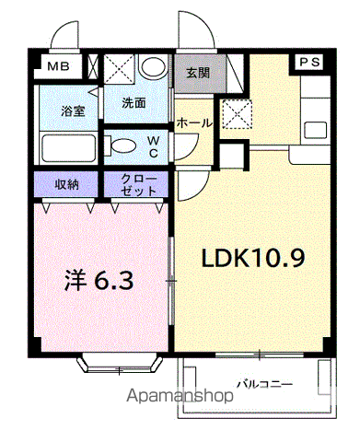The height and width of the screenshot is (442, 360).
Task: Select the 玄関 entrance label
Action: pos(197,73)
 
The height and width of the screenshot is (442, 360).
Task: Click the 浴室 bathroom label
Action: pos(73,110)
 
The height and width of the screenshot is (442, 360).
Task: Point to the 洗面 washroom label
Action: pos(134,103)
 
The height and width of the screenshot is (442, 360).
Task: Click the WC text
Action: pos(153,145)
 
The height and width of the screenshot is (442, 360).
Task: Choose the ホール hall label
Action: pos(195,122)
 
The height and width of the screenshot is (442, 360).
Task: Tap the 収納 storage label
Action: pos(66,183)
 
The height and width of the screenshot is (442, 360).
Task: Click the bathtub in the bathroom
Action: pos(66,146)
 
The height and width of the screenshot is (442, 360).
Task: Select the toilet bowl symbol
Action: pos(122,145)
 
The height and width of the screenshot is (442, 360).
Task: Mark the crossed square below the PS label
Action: pos(238,115)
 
